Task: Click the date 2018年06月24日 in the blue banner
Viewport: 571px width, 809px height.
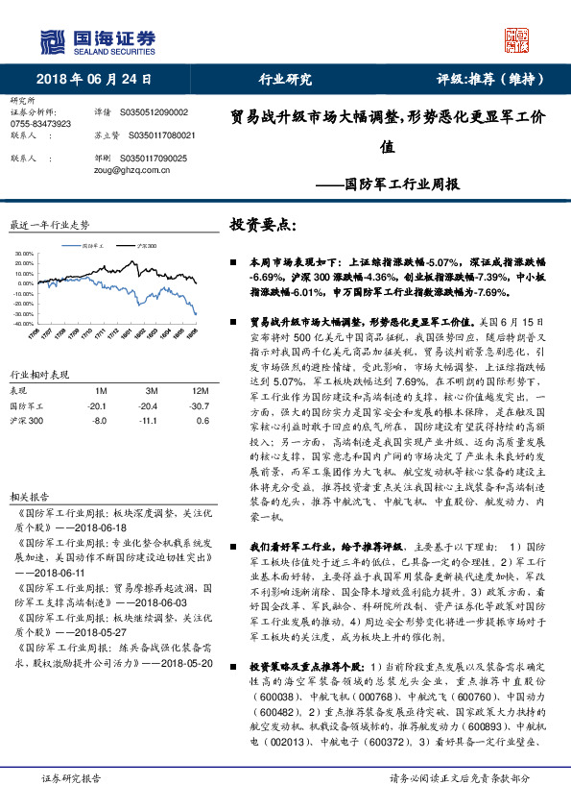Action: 87,81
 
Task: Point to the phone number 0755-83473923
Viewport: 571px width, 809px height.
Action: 41,124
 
